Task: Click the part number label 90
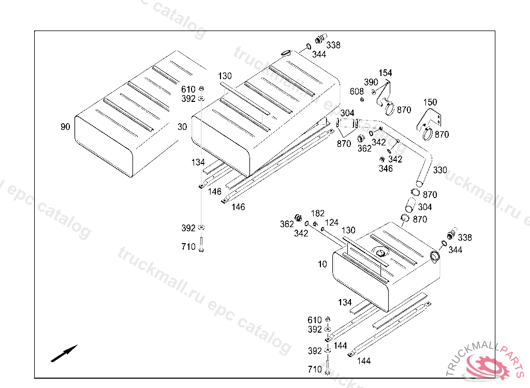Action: [65, 127]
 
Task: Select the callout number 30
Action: [182, 127]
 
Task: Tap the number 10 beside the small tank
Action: [322, 264]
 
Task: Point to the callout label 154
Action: [385, 73]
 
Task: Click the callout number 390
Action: [371, 82]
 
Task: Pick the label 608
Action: [357, 92]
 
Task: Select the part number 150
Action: [430, 102]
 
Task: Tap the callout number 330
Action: [440, 170]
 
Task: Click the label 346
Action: [386, 169]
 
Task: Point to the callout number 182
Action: [317, 214]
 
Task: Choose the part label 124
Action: [331, 222]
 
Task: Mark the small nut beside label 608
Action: [362, 99]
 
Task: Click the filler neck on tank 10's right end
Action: [434, 255]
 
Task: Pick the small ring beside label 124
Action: [322, 228]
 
